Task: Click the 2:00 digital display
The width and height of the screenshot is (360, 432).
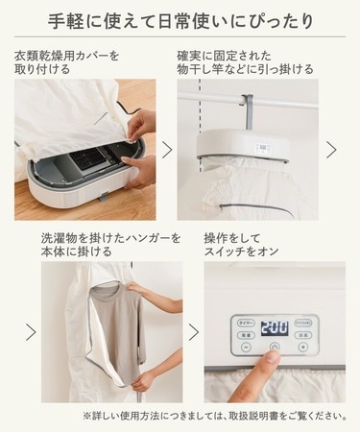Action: coord(274,325)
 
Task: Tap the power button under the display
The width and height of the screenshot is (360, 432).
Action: coord(275,347)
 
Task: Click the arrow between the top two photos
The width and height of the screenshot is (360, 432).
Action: coord(168,149)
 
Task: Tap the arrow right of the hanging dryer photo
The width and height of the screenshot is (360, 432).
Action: coord(331,149)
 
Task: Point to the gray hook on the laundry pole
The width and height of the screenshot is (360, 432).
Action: coord(249,108)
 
